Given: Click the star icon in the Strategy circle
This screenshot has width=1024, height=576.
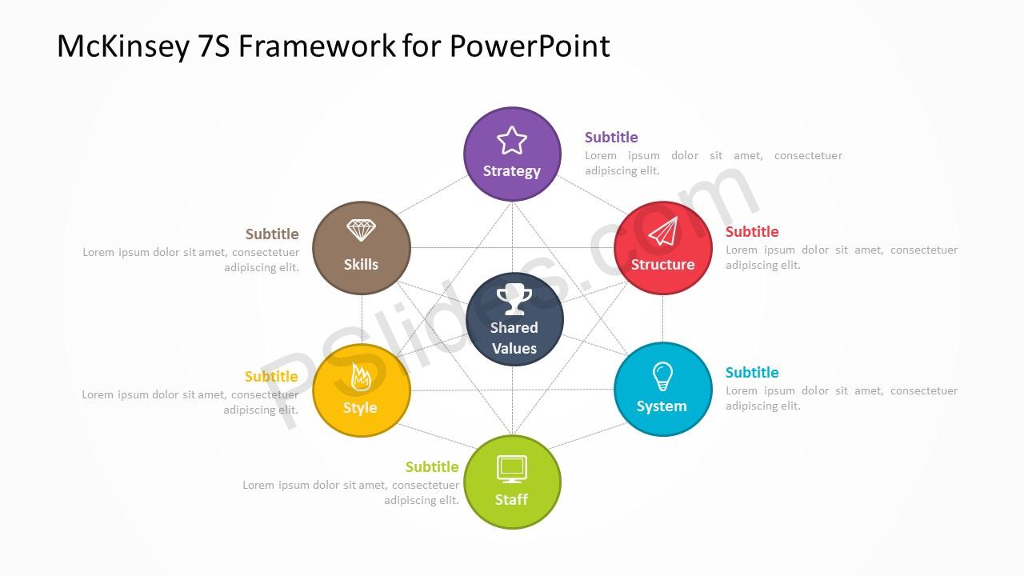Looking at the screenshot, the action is click(511, 140).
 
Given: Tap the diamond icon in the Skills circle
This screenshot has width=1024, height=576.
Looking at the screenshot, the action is click(361, 230).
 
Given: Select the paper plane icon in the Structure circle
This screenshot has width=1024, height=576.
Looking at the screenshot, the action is click(663, 231).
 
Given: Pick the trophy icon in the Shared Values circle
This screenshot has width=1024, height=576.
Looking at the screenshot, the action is click(514, 299).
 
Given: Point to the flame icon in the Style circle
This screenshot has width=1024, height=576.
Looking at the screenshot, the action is click(361, 377).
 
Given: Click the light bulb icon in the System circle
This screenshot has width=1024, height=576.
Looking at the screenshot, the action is click(662, 376).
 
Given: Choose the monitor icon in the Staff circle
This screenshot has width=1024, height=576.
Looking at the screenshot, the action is click(512, 469).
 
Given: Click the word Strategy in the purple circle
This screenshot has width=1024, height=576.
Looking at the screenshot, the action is click(511, 171).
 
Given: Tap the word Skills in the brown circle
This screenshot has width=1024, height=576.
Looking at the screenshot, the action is click(361, 264).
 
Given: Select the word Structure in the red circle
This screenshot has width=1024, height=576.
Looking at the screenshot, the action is click(663, 264).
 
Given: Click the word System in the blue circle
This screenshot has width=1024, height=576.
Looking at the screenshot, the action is click(662, 406).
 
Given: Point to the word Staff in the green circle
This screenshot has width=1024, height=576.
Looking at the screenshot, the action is click(511, 499).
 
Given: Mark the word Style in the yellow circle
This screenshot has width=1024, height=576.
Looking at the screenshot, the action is click(360, 408).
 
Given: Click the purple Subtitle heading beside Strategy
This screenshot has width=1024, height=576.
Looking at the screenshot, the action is click(611, 137).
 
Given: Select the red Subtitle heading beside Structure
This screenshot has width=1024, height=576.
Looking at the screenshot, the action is click(752, 232).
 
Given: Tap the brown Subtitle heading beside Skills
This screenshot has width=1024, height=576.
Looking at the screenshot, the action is click(272, 234).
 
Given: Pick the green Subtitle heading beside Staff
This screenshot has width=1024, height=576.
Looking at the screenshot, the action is click(432, 466).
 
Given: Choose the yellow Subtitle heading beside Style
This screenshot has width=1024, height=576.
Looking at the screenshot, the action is click(271, 377).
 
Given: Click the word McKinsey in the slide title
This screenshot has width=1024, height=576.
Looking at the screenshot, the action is click(123, 46).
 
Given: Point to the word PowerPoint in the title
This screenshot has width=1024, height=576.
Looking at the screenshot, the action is click(530, 46).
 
